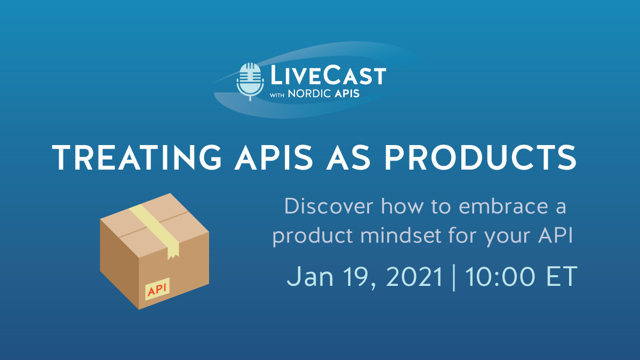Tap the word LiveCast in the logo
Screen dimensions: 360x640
coord(327,75)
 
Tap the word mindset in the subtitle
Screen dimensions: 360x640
coord(386,236)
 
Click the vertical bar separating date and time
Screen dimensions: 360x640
coord(454,278)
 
